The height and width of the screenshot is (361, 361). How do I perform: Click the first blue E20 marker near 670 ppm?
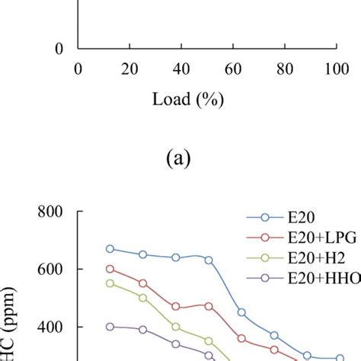[110, 248]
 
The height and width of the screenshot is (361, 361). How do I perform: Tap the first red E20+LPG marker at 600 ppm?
[110, 269]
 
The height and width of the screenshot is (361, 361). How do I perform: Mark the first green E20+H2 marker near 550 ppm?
[110, 283]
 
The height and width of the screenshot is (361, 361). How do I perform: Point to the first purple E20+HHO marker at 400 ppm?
[110, 327]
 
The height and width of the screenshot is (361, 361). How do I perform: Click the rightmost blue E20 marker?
[340, 357]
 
